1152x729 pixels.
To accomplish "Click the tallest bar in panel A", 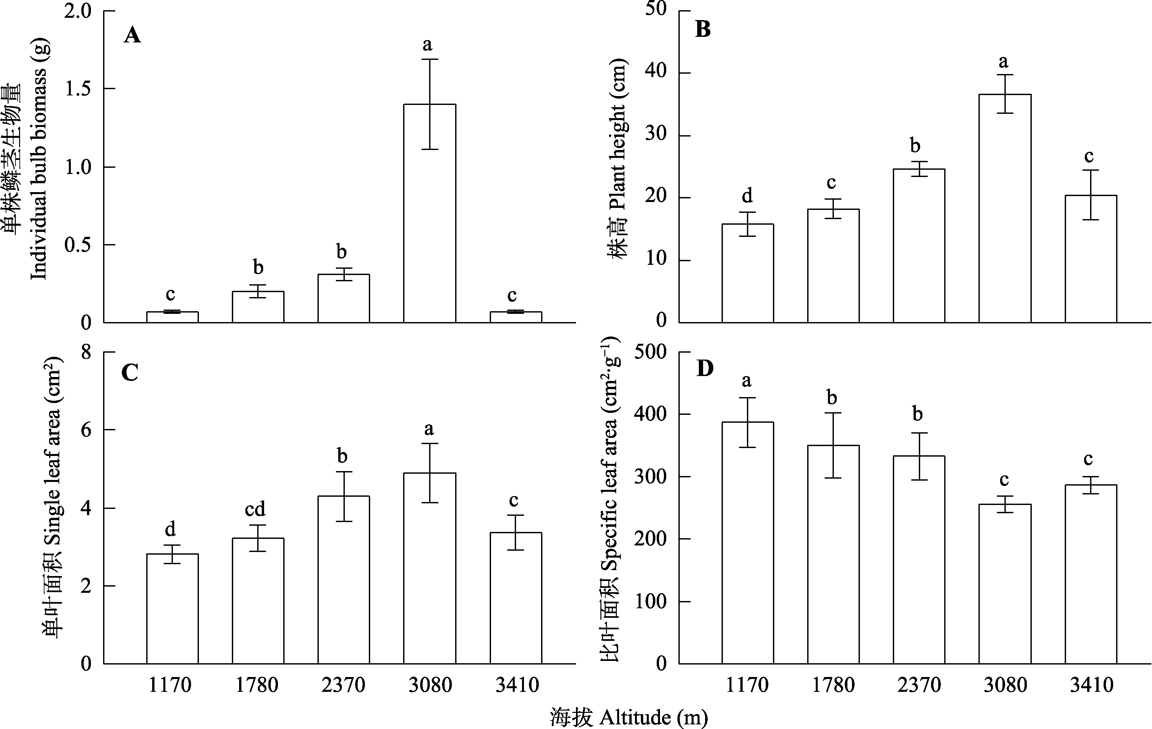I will click(429, 213).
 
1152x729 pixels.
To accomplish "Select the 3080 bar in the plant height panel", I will click(1005, 209).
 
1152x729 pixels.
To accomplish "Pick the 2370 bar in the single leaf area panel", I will click(343, 580).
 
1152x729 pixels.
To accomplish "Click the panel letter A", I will click(132, 36).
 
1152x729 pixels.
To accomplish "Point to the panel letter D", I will click(705, 368).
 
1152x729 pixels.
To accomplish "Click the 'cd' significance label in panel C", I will click(255, 510).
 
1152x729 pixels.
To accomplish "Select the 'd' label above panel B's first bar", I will click(747, 195).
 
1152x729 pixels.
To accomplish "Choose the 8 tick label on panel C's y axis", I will click(86, 352).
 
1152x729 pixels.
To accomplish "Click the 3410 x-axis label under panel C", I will click(517, 685).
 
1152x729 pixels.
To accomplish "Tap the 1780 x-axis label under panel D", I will click(833, 685).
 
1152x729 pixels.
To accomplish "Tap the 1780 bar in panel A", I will click(258, 307).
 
